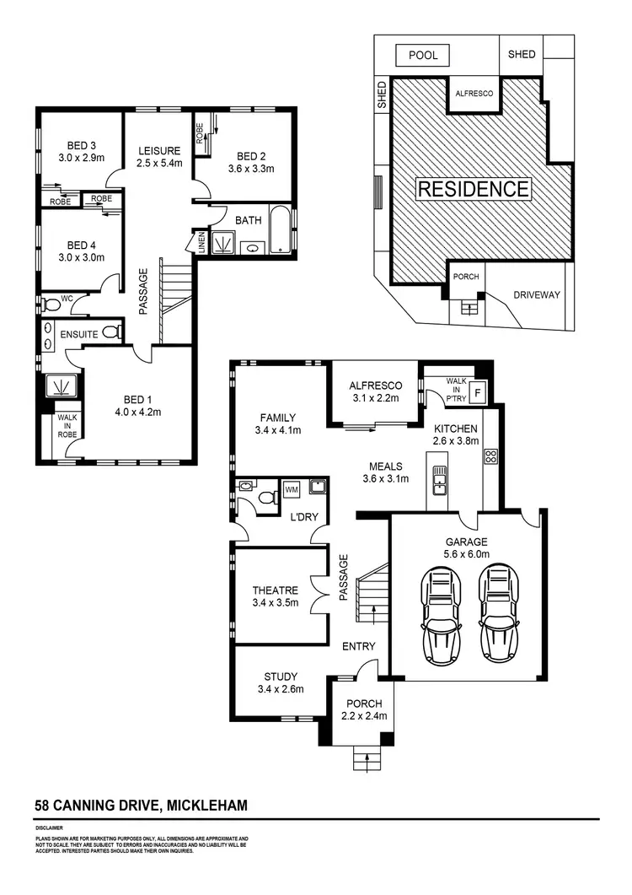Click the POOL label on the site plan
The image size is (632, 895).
point(423,55)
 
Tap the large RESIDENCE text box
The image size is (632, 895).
point(474,188)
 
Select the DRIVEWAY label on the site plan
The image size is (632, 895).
point(537,295)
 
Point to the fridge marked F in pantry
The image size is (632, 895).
point(479,392)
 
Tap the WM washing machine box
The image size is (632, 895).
point(292,489)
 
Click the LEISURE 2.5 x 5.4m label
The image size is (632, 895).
point(159,157)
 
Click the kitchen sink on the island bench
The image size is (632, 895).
point(439,481)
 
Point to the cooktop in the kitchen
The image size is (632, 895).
point(490,457)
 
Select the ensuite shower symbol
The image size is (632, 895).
point(61,386)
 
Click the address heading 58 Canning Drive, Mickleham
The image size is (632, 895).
point(141,806)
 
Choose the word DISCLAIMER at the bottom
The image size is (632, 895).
point(51,829)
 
